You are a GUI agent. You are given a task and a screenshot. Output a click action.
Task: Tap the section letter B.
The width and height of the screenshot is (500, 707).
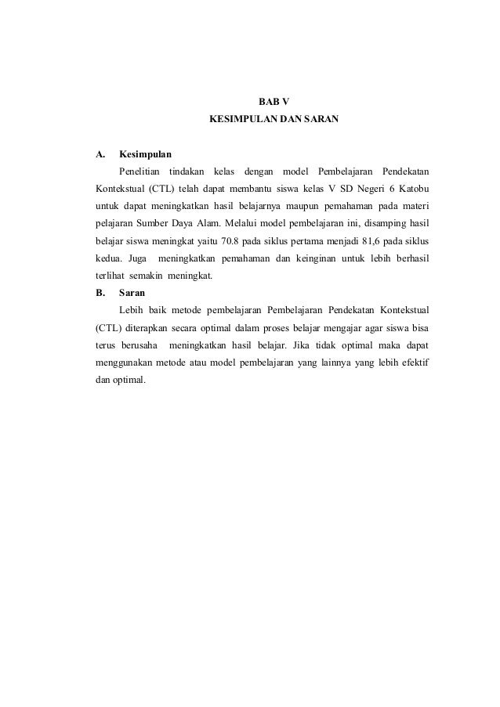click(100, 294)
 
